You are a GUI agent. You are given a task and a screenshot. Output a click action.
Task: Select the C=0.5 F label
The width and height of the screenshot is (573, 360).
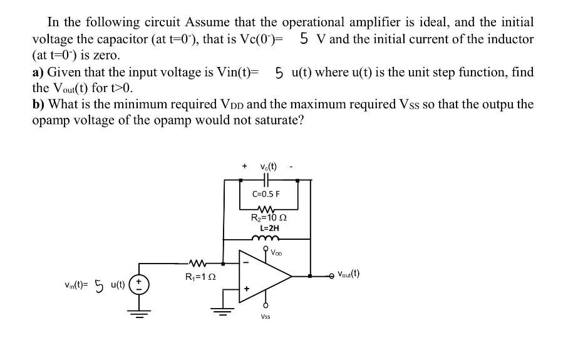pyautogui.click(x=266, y=193)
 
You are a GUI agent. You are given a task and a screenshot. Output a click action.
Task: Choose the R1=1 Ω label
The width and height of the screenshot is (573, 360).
pyautogui.click(x=199, y=276)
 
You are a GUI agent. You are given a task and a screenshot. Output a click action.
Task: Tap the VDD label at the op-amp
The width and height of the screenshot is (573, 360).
pyautogui.click(x=277, y=254)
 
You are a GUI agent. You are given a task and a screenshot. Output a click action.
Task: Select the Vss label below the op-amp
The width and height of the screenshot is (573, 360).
pyautogui.click(x=266, y=317)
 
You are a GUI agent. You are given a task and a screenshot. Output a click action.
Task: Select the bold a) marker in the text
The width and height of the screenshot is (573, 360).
pyautogui.click(x=38, y=72)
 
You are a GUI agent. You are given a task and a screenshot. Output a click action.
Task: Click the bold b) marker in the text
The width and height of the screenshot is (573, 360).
pyautogui.click(x=39, y=104)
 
